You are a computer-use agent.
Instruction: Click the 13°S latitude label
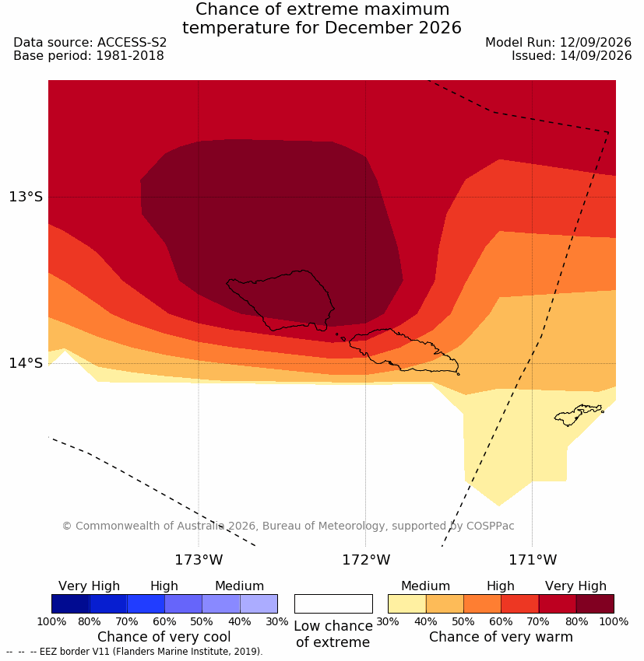point(26,197)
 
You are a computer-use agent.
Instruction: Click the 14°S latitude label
point(26,363)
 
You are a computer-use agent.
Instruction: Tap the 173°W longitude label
point(199,560)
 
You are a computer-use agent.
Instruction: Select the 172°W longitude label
point(366,560)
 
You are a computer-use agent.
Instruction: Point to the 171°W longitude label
point(533,560)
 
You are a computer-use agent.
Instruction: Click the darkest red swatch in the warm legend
point(595,603)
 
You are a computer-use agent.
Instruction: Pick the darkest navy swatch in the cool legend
point(71,603)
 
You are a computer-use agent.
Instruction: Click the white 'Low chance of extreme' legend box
point(333,603)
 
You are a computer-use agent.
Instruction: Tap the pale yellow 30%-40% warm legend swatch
point(406,603)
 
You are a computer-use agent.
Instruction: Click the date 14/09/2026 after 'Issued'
point(596,56)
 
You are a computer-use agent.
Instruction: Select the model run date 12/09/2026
point(596,43)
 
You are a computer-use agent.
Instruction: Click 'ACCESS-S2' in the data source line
point(132,43)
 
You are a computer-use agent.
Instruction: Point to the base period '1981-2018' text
point(130,56)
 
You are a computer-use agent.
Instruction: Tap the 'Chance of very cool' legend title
point(164,637)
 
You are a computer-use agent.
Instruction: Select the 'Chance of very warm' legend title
point(501,637)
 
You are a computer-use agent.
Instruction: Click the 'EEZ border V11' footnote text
point(77,652)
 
